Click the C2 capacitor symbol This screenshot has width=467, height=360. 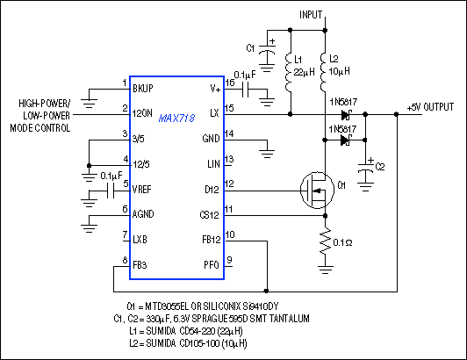pyautogui.click(x=367, y=167)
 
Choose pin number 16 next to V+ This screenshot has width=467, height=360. pyautogui.click(x=229, y=81)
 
